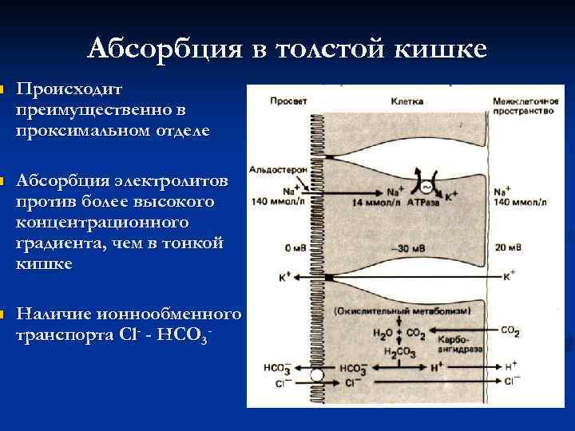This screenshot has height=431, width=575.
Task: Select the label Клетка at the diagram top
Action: point(407,101)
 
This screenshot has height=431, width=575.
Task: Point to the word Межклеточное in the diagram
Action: point(524,101)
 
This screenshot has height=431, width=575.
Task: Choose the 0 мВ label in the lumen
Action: point(283,248)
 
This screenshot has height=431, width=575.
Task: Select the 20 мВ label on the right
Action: point(506,248)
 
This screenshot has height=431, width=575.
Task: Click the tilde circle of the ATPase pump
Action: point(426,188)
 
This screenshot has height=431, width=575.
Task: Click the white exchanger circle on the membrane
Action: point(317,374)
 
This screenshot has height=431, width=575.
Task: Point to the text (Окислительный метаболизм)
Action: point(385,310)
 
